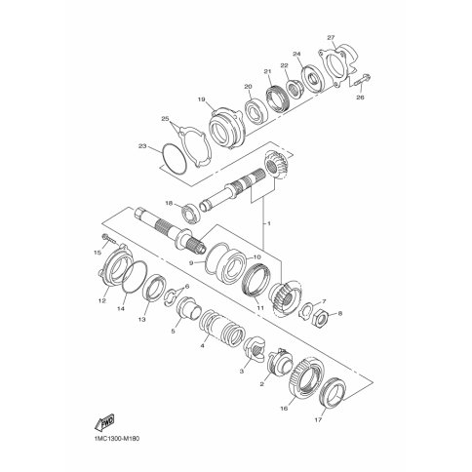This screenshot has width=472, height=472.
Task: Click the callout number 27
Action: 331,38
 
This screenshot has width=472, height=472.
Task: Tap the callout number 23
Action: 142,146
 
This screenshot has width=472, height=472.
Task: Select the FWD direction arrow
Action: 104,421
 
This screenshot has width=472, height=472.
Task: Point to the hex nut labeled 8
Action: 319,316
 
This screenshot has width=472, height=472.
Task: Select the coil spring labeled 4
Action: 222,327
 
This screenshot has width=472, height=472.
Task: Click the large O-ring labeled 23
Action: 175,159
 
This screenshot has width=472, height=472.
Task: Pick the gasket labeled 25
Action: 195,147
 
